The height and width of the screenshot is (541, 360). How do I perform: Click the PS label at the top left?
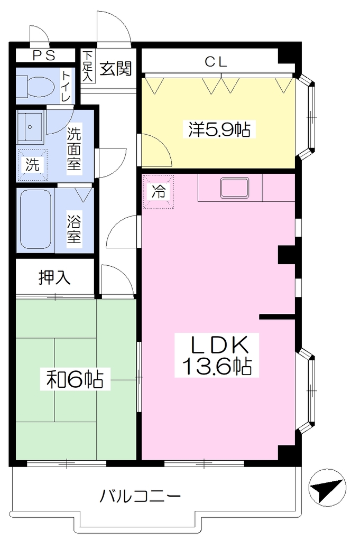(44, 55)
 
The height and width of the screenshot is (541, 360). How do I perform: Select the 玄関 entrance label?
(116, 68)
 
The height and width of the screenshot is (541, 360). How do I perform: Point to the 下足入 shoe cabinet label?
(88, 66)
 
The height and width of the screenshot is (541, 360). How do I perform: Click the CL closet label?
(216, 62)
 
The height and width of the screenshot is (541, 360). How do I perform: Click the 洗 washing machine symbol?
(32, 165)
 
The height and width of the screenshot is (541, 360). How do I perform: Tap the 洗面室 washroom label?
(73, 148)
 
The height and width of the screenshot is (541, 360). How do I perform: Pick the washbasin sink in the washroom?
(30, 126)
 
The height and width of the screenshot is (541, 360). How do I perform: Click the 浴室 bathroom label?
(74, 227)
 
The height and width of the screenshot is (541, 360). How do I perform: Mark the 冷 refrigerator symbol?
(159, 191)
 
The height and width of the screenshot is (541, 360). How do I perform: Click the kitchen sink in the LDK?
(235, 188)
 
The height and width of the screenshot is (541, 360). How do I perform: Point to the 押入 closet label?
(54, 277)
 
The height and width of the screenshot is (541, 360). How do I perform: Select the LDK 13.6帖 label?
(216, 355)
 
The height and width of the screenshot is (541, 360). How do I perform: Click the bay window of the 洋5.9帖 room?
(307, 117)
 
